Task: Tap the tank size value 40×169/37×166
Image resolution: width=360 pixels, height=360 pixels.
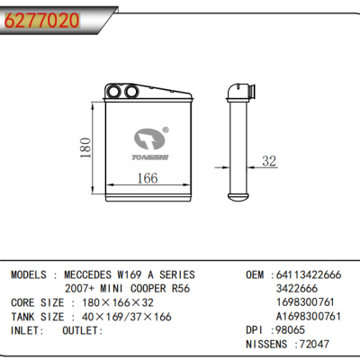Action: click(x=123, y=318)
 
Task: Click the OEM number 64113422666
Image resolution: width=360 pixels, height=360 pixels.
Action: click(x=306, y=274)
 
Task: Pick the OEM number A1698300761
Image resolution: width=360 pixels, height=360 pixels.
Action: click(x=309, y=317)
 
